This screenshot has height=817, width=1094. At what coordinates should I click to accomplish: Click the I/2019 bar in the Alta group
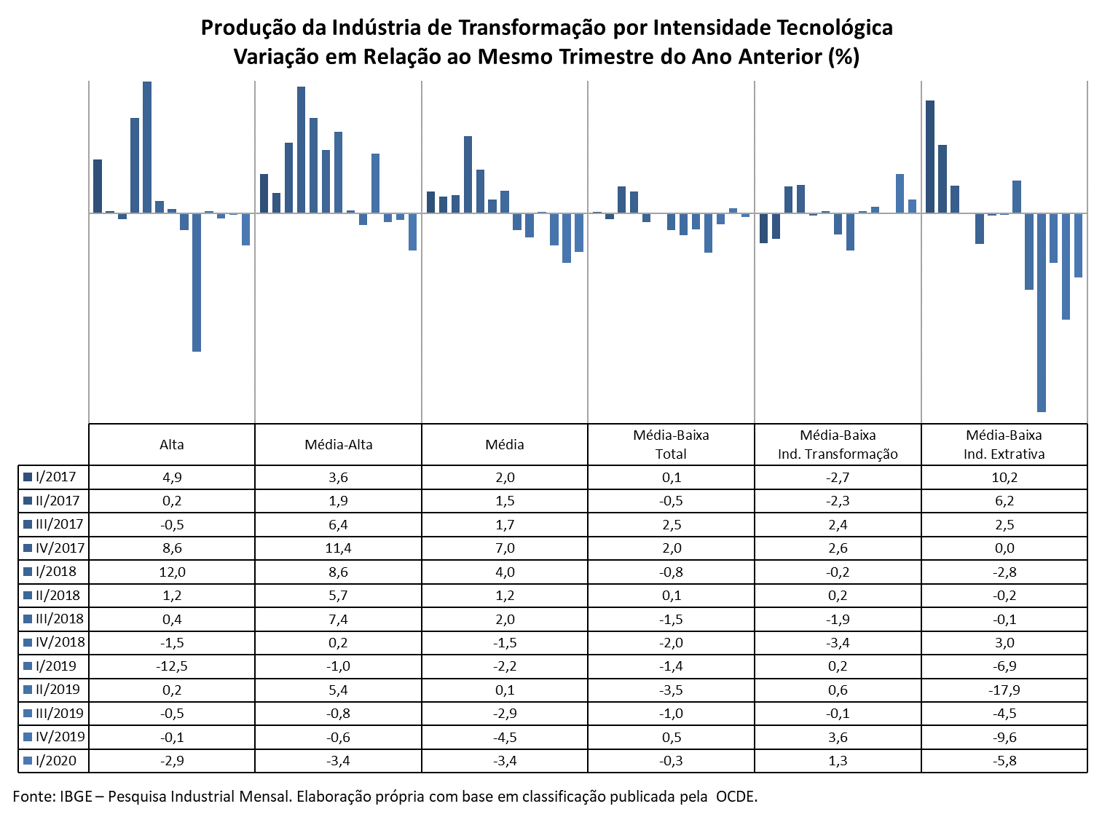(197, 282)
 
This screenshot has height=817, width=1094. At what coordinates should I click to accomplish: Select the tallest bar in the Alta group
(147, 147)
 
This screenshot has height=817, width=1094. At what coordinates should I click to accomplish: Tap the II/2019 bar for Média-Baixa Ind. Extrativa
(1041, 312)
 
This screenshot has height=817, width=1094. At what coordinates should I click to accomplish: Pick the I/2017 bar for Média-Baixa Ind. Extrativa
(930, 157)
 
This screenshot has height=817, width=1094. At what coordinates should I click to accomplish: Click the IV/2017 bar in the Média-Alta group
(301, 150)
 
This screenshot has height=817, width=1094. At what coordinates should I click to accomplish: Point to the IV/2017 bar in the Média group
(468, 175)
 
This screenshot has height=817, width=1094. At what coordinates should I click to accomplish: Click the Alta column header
(171, 444)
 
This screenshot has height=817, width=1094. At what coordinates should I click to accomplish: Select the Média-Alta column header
(339, 444)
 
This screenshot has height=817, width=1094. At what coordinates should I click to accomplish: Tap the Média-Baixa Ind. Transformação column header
(838, 444)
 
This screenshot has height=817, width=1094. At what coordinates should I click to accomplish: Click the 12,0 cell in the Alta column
(172, 572)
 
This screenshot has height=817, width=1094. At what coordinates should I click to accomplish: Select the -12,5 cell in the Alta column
(172, 666)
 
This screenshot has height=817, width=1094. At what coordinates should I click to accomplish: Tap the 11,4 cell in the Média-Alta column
(339, 548)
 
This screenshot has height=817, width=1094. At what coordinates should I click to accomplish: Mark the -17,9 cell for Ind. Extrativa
(1004, 690)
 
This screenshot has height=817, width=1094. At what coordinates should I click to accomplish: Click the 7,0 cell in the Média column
(505, 548)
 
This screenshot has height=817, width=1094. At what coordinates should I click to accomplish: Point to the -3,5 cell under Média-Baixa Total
(672, 690)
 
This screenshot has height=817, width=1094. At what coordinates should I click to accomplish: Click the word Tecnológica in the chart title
(834, 28)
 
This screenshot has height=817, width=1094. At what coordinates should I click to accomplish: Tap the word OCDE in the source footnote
(736, 797)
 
